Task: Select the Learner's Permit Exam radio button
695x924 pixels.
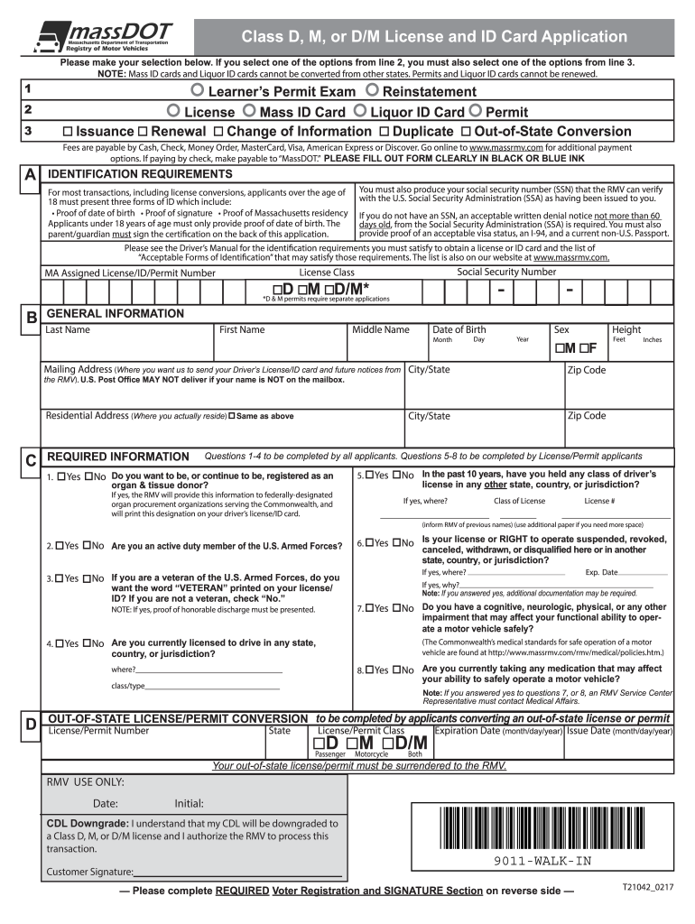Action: tap(198, 92)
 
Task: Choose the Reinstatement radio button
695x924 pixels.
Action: tap(372, 92)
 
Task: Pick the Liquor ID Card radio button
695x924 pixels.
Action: tap(360, 112)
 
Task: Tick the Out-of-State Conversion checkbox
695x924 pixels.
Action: tap(467, 132)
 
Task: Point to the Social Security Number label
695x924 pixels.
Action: tap(506, 272)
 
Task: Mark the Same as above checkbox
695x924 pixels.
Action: tap(233, 416)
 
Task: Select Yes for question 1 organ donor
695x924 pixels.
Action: tap(60, 476)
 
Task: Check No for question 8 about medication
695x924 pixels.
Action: tap(395, 670)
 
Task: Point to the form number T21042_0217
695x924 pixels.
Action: tap(647, 888)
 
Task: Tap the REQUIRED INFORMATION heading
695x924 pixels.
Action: tap(117, 457)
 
